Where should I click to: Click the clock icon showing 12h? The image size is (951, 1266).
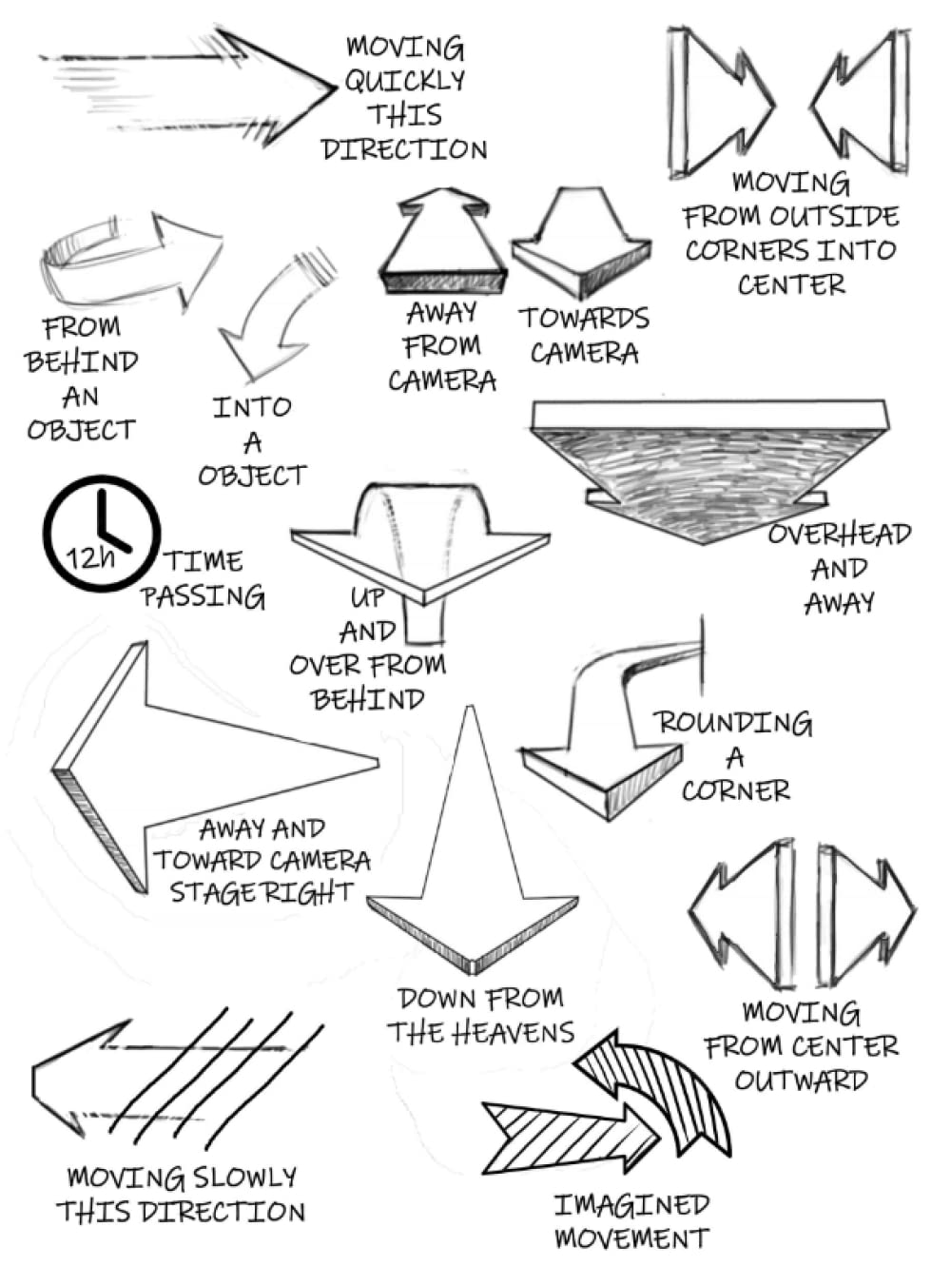pyautogui.click(x=102, y=534)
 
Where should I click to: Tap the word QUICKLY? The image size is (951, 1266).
pyautogui.click(x=404, y=81)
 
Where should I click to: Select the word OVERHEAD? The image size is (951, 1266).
pyautogui.click(x=839, y=535)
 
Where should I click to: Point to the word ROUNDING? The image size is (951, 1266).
pyautogui.click(x=732, y=724)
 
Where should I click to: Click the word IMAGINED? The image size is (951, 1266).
pyautogui.click(x=631, y=1205)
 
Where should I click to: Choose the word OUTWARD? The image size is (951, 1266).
pyautogui.click(x=801, y=1081)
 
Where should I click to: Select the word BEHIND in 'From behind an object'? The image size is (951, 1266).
pyautogui.click(x=82, y=362)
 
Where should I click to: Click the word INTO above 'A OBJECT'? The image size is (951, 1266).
pyautogui.click(x=251, y=408)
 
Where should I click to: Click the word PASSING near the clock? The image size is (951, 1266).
pyautogui.click(x=203, y=597)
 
